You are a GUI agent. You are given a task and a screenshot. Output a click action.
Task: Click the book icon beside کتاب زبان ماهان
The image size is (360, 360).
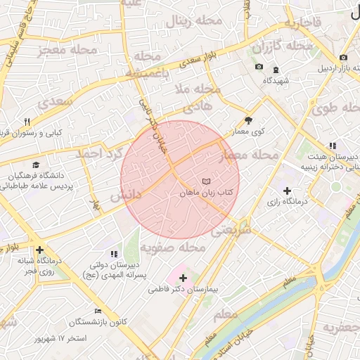click(205, 181)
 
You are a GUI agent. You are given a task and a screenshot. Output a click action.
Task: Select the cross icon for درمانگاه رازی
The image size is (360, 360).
click(287, 191)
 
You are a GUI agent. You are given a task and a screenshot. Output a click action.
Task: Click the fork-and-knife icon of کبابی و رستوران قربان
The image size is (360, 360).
click(27, 122)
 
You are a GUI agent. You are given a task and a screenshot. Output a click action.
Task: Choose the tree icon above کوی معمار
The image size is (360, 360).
click(248, 120)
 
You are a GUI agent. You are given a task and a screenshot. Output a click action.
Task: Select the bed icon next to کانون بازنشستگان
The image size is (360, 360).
click(98, 311)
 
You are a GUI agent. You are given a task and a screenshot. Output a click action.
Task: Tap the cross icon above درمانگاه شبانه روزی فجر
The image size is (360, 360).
click(39, 250)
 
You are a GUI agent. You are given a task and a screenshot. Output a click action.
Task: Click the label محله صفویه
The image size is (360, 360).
click(172, 247)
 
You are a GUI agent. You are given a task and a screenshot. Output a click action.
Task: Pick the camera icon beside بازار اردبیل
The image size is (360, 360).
click(342, 58)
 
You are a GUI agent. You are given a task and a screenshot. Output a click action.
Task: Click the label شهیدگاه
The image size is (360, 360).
click(276, 81)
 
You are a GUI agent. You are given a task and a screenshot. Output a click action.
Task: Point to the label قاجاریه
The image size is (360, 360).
click(302, 23)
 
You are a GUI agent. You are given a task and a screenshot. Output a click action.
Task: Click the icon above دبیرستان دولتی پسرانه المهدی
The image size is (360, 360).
click(115, 254)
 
